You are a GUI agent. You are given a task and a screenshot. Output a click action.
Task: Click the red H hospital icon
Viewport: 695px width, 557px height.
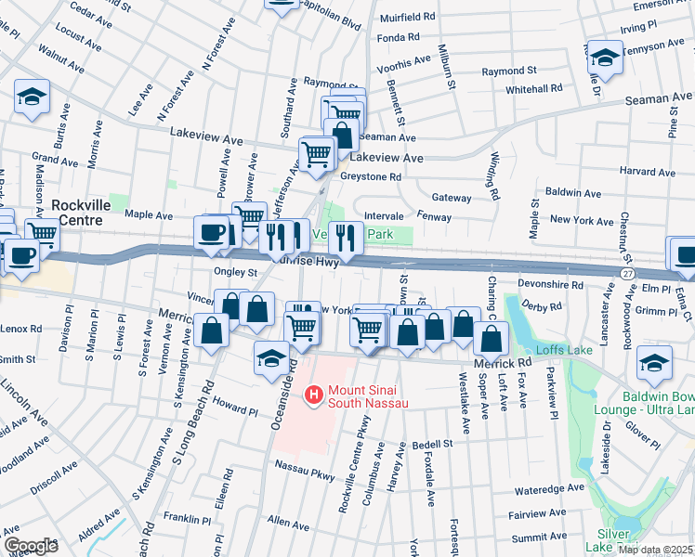tap(313, 395)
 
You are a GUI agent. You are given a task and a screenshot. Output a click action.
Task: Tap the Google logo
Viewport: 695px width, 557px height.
tap(31, 545)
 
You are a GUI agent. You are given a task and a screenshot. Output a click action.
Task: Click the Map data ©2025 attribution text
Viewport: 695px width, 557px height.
tap(655, 550)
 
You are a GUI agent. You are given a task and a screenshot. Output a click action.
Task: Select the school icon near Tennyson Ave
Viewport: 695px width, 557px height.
tap(604, 57)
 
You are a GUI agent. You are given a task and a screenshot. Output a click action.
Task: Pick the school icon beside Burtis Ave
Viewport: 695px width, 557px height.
tap(32, 96)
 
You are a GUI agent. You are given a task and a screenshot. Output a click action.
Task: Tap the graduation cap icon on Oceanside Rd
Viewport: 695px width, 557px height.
tap(270, 358)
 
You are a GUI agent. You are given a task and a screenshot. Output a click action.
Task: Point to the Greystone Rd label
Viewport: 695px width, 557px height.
tap(370, 176)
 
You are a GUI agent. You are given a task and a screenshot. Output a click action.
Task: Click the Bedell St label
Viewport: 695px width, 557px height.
tap(432, 444)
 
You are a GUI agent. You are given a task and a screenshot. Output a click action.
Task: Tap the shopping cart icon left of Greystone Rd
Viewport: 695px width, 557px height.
tap(317, 154)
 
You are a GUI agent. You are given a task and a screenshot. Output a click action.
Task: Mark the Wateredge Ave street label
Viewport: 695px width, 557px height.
tap(549, 489)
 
